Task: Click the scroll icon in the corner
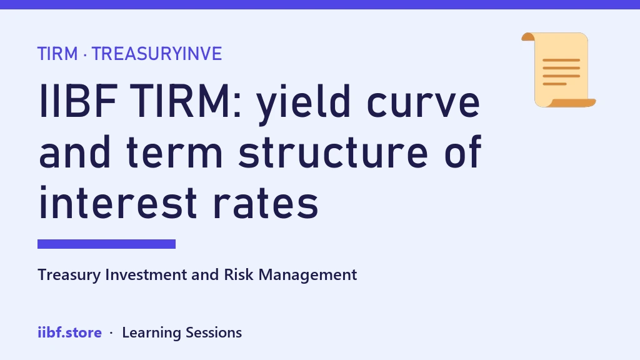(558, 70)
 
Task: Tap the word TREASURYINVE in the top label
(157, 54)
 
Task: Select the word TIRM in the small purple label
(57, 54)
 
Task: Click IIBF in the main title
(78, 101)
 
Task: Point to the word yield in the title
(303, 104)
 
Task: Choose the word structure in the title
(333, 152)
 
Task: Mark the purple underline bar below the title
(106, 244)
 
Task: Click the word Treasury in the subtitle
(69, 275)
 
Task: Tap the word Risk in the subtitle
(239, 275)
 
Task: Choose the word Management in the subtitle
(307, 276)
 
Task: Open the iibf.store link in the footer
(70, 332)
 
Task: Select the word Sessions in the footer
(214, 332)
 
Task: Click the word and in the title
(75, 152)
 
